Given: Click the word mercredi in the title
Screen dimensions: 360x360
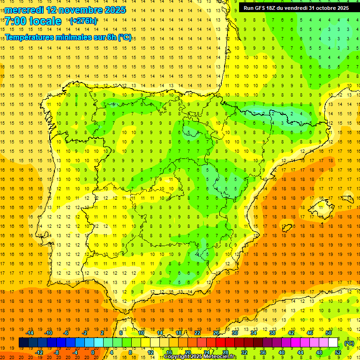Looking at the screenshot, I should tap(24, 10).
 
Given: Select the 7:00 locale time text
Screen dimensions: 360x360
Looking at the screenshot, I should tap(33, 21).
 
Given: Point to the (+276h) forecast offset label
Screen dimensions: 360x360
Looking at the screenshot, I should tap(83, 21).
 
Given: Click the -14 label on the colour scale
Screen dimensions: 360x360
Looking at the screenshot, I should tap(30, 333).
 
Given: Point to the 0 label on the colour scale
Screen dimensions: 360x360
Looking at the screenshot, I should tap(92, 352).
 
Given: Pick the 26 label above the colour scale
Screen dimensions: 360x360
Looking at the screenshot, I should tap(216, 333).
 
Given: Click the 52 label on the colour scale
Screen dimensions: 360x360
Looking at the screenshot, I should tap(338, 352).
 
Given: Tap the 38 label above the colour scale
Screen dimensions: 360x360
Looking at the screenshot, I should tap(272, 333).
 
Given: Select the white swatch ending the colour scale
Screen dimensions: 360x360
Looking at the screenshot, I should tap(333, 343).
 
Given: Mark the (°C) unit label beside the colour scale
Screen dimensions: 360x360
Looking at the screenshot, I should tap(349, 343).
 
